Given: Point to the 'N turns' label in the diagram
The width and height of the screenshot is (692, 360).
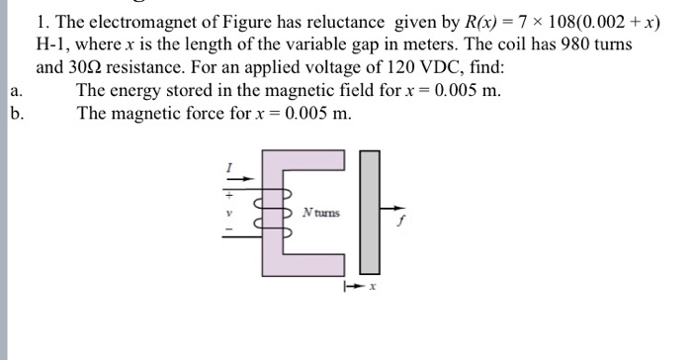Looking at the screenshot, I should [x=321, y=214].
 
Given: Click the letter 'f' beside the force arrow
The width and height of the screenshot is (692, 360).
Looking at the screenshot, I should [x=401, y=223].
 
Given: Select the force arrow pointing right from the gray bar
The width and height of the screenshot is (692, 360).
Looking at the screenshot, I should [x=392, y=209].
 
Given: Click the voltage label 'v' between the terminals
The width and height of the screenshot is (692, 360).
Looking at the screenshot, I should [x=229, y=212].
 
